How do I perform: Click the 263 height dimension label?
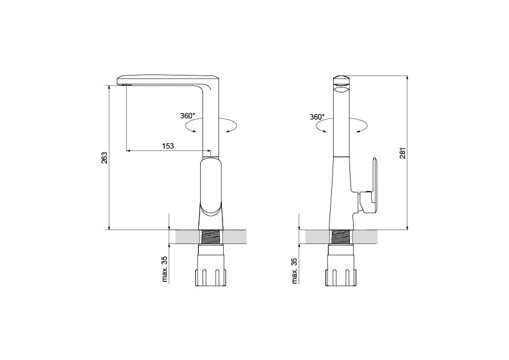coord(105,158)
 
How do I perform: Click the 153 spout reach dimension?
coord(168,146)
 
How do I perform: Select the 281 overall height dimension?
coord(403,153)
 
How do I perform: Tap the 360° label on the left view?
coord(187,116)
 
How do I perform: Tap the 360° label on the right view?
coord(317,117)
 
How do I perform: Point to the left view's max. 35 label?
coord(164,269)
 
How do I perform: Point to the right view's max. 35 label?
coord(294,271)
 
